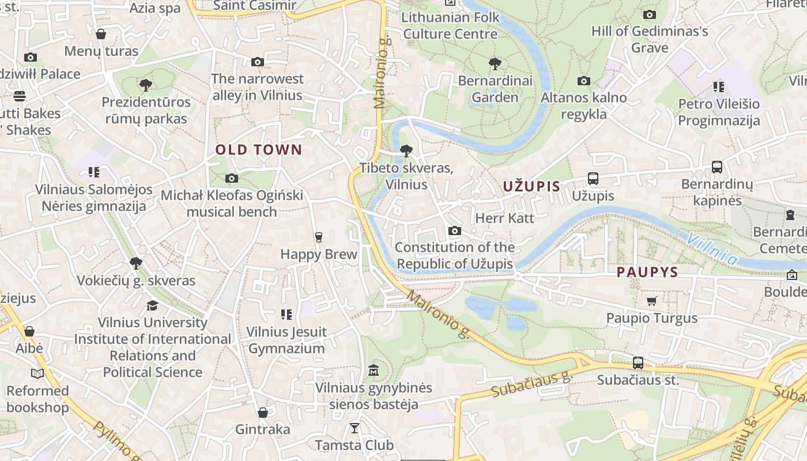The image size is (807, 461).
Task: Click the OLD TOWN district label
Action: coord(258,150)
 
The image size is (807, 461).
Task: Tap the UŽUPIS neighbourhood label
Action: coord(531,186)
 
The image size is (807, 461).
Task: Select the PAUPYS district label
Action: coord(647,272)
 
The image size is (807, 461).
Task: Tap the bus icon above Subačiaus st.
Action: coord(638,363)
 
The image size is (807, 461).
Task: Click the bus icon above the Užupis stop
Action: coord(593,179)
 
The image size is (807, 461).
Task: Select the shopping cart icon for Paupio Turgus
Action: coord(651,301)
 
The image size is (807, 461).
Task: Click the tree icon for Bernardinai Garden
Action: coord(495,63)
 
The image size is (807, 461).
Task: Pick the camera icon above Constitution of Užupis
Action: coord(454,231)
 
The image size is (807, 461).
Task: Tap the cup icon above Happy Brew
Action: coord(318,237)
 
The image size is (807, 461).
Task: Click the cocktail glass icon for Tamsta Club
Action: coord(354,428)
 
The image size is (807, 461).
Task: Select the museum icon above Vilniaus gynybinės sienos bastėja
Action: coord(373,370)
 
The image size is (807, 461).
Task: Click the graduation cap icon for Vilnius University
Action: coord(152,305)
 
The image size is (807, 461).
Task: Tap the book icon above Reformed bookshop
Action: coord(37,374)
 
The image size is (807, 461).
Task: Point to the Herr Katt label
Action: coord(504,218)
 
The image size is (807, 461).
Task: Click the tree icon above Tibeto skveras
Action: coord(406,151)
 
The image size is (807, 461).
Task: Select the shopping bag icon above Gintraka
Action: coord(263,413)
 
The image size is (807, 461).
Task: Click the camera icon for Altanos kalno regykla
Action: coord(583,81)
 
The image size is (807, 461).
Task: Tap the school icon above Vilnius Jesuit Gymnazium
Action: coord(286,314)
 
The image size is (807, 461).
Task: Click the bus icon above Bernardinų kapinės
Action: coord(717,167)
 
